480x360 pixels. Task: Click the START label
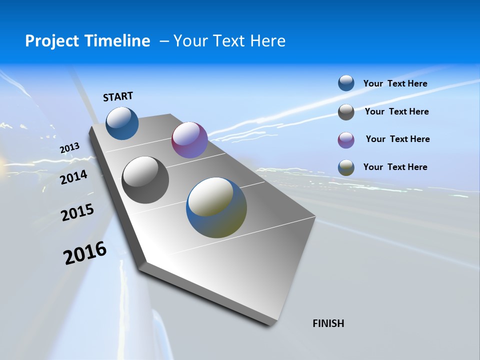click(x=118, y=96)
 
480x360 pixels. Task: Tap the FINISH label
click(x=328, y=323)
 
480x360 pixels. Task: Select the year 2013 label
click(x=70, y=148)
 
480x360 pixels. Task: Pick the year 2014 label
click(x=74, y=177)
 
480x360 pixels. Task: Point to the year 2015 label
click(x=77, y=212)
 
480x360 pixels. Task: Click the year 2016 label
click(x=85, y=253)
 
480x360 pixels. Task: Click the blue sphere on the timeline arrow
click(x=122, y=123)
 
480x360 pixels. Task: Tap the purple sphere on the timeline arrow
click(x=189, y=140)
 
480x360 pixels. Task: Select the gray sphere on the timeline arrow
click(x=145, y=180)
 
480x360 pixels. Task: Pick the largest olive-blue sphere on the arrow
click(x=216, y=207)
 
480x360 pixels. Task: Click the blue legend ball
click(x=346, y=83)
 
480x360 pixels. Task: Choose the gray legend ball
click(x=346, y=112)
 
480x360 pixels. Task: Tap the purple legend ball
click(x=346, y=140)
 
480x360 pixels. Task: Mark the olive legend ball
click(x=346, y=167)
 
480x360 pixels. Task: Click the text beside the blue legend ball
click(x=395, y=83)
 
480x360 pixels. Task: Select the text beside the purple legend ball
click(x=397, y=139)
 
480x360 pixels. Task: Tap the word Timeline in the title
click(x=120, y=41)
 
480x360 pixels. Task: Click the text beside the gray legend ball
click(x=396, y=111)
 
